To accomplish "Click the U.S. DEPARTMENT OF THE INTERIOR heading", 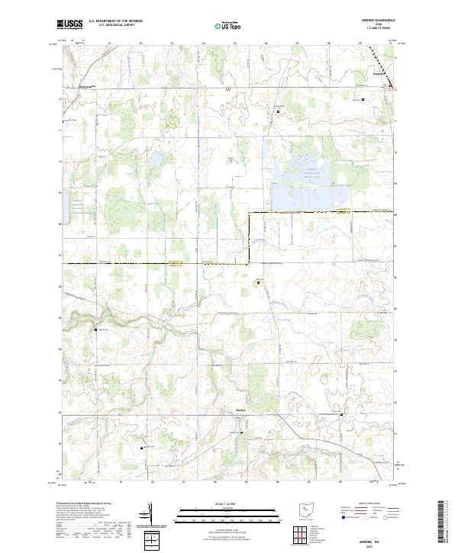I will (115, 22).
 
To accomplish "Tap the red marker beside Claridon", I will (392, 87).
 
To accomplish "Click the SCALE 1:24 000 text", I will (228, 503).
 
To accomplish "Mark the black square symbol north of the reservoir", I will (279, 111).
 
